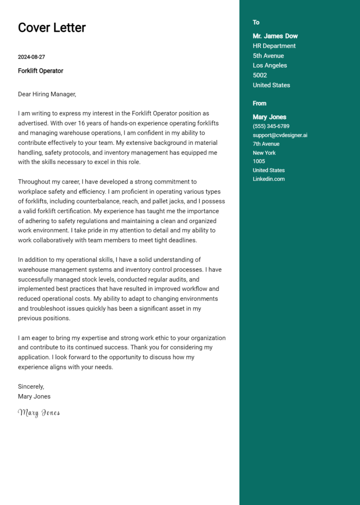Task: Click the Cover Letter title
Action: [52, 28]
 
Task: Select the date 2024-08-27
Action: [31, 57]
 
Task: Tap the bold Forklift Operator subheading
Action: [40, 71]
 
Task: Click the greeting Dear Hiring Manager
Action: [47, 94]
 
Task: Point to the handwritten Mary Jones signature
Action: [39, 413]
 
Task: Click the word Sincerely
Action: [31, 386]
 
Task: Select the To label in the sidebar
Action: [256, 22]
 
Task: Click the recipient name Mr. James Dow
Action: [275, 36]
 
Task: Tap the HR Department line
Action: [274, 46]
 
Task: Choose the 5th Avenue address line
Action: [268, 56]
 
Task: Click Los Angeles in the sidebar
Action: [270, 66]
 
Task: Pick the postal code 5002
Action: [260, 75]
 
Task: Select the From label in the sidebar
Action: [259, 104]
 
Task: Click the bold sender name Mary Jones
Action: [269, 117]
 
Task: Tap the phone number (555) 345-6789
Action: [271, 126]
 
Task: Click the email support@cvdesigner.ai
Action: [280, 135]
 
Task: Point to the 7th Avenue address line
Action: [266, 144]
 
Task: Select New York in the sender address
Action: [264, 153]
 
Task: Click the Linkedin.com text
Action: [269, 179]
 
